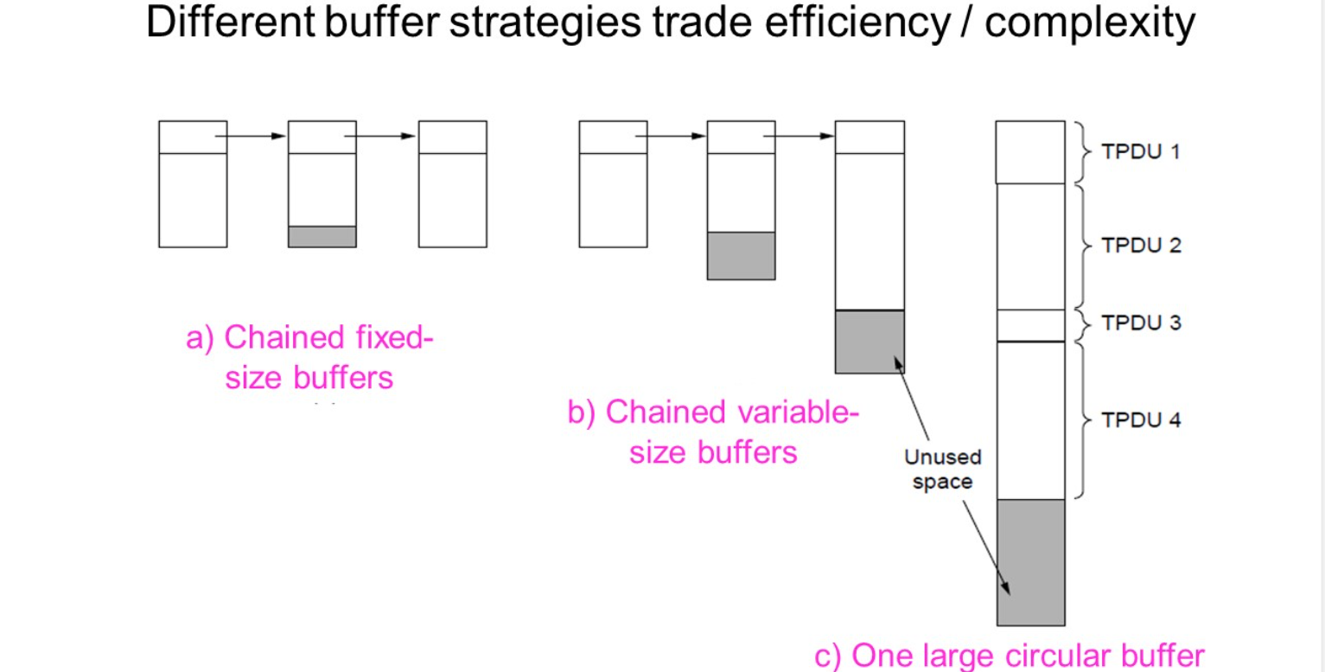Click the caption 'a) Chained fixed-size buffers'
point(309,356)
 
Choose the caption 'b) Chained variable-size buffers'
point(713,432)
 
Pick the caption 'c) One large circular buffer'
point(1009,655)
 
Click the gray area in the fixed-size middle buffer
point(322,236)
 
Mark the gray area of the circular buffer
point(1030,562)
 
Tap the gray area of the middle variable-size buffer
point(741,255)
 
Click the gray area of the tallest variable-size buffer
point(870,342)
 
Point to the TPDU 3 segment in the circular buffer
point(1030,325)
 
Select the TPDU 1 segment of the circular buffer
point(1030,152)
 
